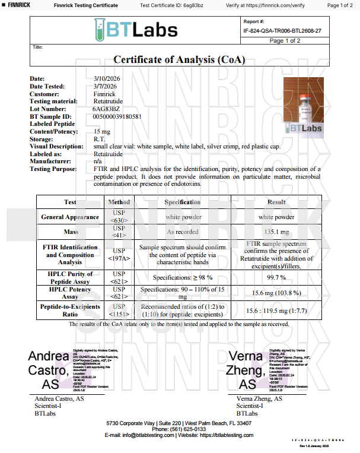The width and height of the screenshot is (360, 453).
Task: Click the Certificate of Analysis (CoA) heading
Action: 179,59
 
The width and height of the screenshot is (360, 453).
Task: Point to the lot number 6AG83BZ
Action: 107,109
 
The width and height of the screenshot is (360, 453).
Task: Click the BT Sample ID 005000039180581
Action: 117,116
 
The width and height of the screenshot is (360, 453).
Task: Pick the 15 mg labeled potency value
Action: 102,131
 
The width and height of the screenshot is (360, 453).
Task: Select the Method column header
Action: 119,202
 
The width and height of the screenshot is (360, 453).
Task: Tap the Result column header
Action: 276,202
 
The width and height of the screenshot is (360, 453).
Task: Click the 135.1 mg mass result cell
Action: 276,232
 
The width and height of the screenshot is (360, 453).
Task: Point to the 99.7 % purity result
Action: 276,277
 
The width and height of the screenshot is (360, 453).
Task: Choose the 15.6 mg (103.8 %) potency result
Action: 276,292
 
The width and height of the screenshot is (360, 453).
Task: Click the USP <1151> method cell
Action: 119,310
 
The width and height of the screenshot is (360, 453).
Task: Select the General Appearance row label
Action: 70,217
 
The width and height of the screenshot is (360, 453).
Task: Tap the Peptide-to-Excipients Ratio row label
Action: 70,310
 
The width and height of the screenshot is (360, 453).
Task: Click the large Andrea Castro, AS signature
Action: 49,370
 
